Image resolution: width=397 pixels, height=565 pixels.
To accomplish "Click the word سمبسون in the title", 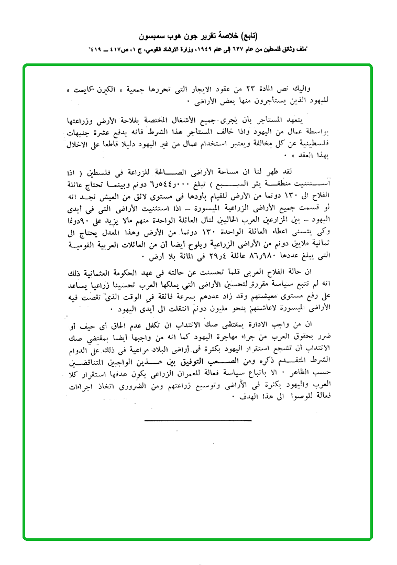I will [152, 37].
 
